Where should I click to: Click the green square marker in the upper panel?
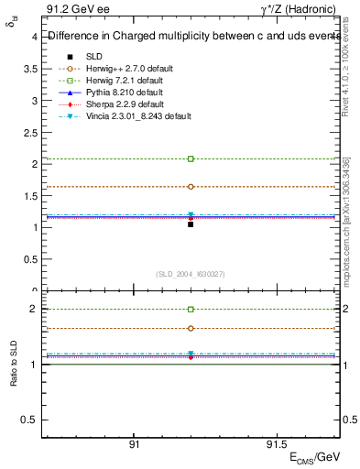coord(191,159)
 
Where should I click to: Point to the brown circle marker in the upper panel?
coord(191,186)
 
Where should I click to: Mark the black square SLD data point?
coord(191,224)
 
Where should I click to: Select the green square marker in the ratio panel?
coord(191,310)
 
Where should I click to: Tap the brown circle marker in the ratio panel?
coord(191,328)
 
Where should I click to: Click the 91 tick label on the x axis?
coord(134,444)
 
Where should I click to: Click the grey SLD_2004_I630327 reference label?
coord(191,274)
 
